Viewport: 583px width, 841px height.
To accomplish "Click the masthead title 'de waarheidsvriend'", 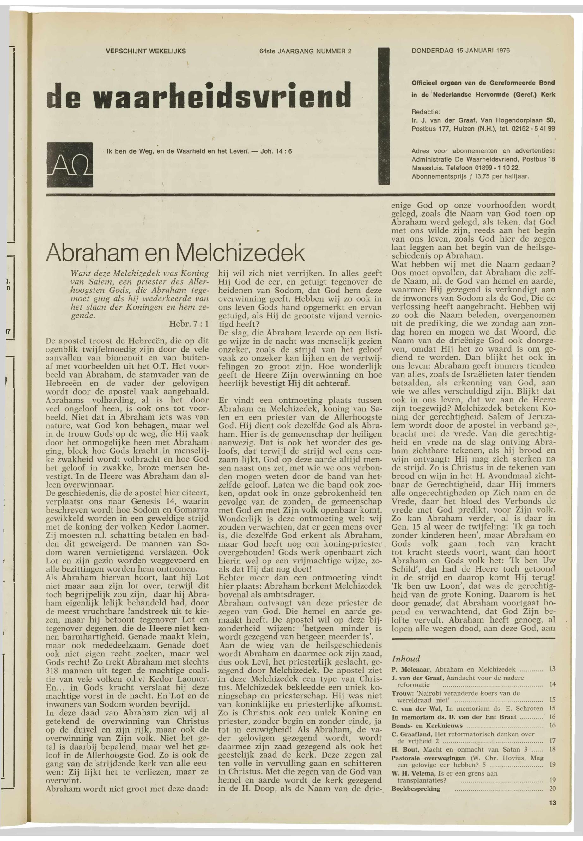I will pos(199,94).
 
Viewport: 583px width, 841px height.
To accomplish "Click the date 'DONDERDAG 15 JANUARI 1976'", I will pos(460,51).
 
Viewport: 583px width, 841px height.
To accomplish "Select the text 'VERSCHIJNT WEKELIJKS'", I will pos(146,51).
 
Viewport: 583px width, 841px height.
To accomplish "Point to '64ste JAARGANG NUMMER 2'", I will pos(305,51).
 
